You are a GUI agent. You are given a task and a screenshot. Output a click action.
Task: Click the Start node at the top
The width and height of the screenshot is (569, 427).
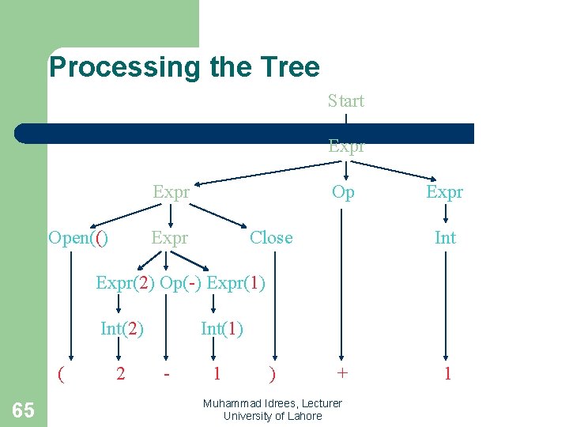pos(346,101)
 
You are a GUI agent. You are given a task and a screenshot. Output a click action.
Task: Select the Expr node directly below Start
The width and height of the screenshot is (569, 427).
pos(346,147)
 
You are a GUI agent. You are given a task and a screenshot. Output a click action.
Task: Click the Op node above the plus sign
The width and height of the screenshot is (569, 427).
pos(343,192)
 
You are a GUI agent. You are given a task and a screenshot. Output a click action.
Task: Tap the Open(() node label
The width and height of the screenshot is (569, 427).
pos(77,238)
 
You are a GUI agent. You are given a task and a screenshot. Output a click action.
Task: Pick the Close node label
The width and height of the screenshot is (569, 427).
pos(271,238)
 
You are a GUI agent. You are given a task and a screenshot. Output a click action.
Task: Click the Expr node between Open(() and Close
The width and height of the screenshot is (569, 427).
pos(170,238)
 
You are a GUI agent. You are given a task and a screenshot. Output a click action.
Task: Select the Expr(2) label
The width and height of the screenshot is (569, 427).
pos(126,283)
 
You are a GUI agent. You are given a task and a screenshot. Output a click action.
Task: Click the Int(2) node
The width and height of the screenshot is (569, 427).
pos(122,328)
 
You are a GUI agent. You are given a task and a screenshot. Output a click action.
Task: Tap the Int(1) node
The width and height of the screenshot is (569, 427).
pos(222,328)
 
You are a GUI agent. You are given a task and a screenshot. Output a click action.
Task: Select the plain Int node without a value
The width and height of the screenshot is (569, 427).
pos(446,238)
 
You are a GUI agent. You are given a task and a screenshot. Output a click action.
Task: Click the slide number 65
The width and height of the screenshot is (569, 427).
pos(24,410)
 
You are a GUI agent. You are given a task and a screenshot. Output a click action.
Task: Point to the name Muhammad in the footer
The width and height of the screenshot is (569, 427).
pos(233,403)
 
